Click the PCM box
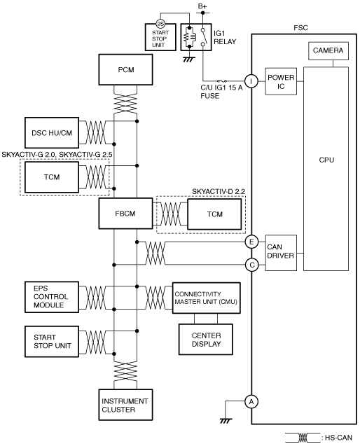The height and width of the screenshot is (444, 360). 126,69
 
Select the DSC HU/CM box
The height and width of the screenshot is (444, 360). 52,133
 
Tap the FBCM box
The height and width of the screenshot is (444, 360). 126,214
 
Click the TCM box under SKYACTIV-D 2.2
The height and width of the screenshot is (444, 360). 215,214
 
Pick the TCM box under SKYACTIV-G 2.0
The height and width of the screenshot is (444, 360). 52,177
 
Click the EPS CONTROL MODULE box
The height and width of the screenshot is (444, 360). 52,297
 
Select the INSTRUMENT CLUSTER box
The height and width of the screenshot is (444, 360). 126,405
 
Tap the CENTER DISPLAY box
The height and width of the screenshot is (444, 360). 206,340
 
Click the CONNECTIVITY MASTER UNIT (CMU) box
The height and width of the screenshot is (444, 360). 207,298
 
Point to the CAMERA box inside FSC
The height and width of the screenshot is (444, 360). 328,51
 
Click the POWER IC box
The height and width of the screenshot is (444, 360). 281,81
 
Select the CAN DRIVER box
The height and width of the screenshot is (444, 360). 281,253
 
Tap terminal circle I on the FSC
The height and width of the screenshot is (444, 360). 251,81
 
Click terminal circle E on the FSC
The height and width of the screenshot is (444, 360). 251,242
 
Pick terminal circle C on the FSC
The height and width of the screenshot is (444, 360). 251,265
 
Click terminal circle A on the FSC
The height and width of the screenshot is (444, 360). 251,401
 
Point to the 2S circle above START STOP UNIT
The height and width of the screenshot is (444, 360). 160,24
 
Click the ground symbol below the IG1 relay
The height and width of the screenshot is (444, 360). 189,60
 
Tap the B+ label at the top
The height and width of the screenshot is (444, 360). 202,6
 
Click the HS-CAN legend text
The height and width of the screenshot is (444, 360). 338,438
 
